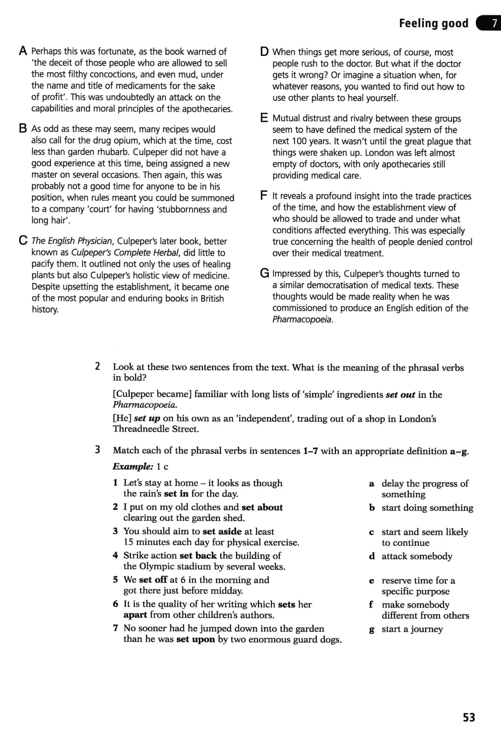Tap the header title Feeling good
433,23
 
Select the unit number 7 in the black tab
494,23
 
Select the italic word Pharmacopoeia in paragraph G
302,319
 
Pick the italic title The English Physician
72,241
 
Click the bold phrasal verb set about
262,507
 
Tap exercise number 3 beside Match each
98,450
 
